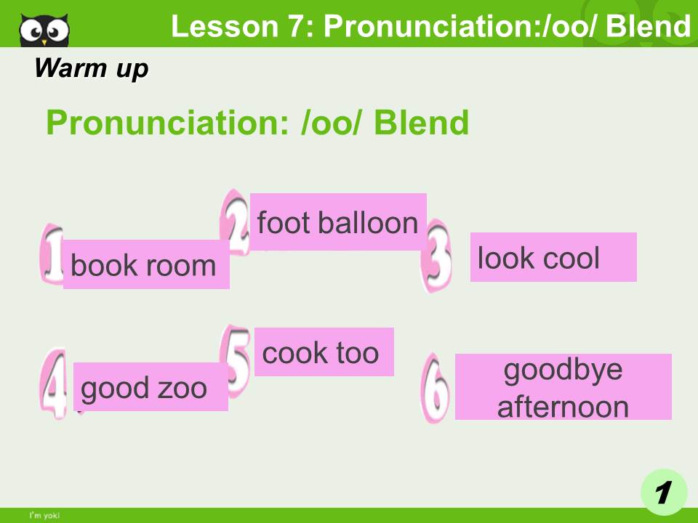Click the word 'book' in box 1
(x=100, y=266)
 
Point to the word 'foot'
(x=283, y=222)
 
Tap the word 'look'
(x=504, y=258)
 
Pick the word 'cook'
(x=294, y=353)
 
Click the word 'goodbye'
(x=563, y=370)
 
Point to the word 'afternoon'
(x=563, y=405)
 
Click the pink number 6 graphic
(x=436, y=389)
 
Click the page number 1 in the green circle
(x=663, y=492)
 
